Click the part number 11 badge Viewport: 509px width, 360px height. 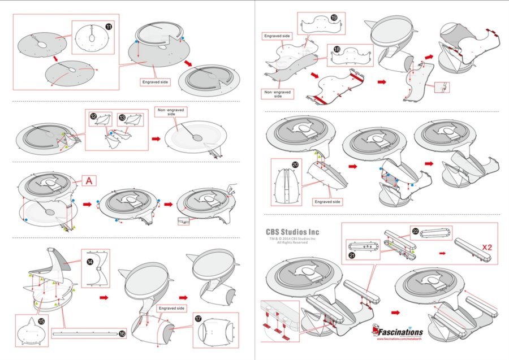108,26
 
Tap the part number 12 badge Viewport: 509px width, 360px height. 94,115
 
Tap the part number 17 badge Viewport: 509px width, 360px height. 199,318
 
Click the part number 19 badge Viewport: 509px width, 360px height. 334,18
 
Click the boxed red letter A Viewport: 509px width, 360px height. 89,181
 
